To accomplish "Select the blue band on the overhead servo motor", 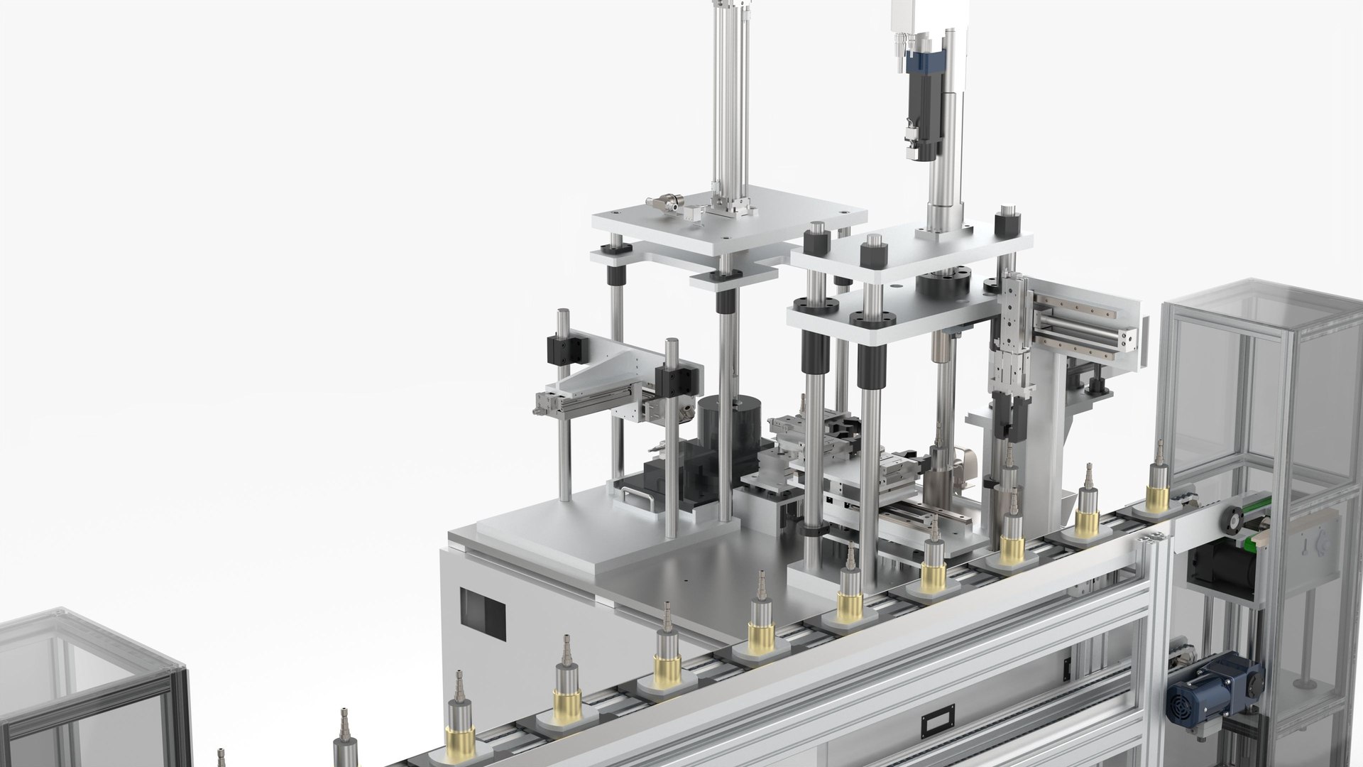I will coord(924,64).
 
